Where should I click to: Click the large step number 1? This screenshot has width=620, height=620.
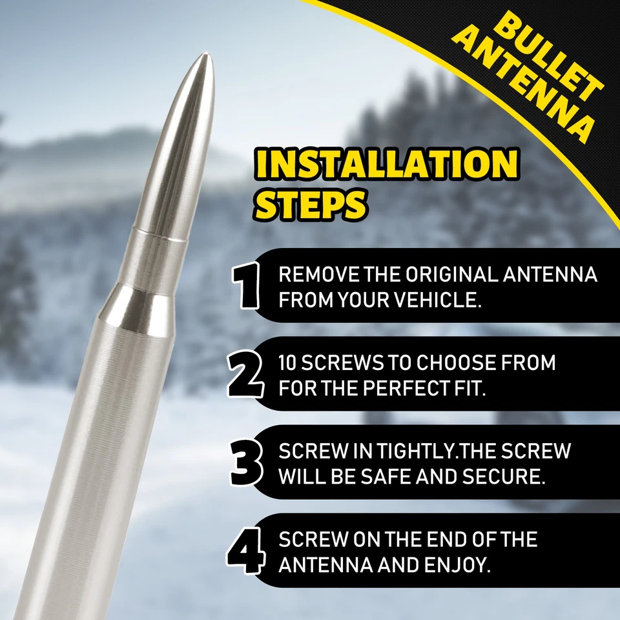(247, 285)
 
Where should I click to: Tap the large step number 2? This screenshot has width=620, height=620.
(245, 374)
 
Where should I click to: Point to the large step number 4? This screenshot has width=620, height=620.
(245, 551)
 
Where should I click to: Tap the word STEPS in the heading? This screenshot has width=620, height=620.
(310, 203)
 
